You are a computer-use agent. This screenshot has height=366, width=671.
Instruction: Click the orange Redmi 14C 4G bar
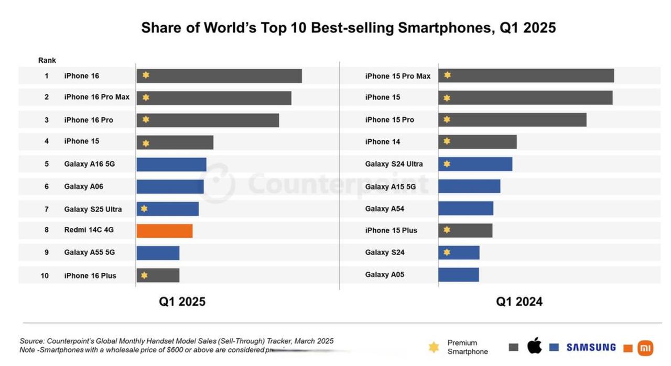pos(165,231)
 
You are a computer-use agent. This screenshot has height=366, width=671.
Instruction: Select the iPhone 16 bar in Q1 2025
pos(219,76)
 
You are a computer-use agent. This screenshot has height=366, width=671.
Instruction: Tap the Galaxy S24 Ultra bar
pos(475,164)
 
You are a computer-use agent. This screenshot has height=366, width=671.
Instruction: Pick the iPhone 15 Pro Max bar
pos(526,75)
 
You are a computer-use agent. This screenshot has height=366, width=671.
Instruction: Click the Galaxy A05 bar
pos(459,274)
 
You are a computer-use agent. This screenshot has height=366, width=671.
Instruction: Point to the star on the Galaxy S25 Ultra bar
pos(144,208)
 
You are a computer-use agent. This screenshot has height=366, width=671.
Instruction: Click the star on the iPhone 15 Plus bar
pos(447,229)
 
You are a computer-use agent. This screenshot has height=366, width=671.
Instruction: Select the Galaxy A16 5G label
pos(90,164)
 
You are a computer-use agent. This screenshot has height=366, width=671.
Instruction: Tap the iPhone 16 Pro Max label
pos(97,97)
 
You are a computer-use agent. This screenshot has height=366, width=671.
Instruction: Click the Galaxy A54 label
pos(385,208)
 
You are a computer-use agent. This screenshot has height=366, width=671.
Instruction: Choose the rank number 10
pos(45,275)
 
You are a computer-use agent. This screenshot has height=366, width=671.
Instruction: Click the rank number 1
pos(47,76)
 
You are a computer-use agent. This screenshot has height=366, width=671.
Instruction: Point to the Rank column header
pos(47,60)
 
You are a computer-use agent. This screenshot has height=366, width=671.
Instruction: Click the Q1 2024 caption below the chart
pos(519,302)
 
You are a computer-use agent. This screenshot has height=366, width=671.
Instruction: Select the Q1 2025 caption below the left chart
pos(182,302)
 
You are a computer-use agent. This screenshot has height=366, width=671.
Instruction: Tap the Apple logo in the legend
pos(534,346)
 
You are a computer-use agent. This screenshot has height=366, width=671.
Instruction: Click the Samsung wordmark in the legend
pos(591,347)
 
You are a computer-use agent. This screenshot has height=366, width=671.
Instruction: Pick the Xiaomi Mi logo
pos(645,348)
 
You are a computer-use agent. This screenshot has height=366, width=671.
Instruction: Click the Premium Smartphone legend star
pos(434,347)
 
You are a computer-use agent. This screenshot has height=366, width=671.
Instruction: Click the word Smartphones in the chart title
pos(444,28)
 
